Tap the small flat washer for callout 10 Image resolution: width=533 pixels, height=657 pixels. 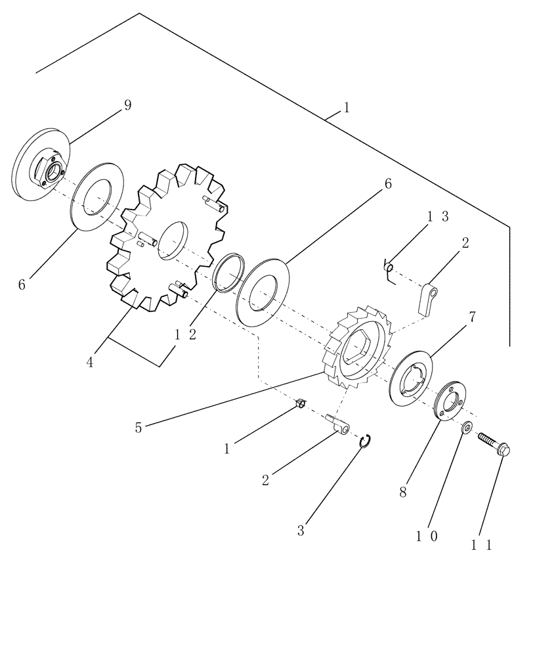(466, 428)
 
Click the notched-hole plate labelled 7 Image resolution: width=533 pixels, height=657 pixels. (412, 376)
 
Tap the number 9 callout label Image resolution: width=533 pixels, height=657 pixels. (127, 105)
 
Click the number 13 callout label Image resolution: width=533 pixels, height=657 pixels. (436, 217)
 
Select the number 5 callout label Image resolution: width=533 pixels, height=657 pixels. (138, 428)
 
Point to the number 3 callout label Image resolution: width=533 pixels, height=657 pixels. (301, 530)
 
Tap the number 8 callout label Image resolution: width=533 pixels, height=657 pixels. (402, 492)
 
